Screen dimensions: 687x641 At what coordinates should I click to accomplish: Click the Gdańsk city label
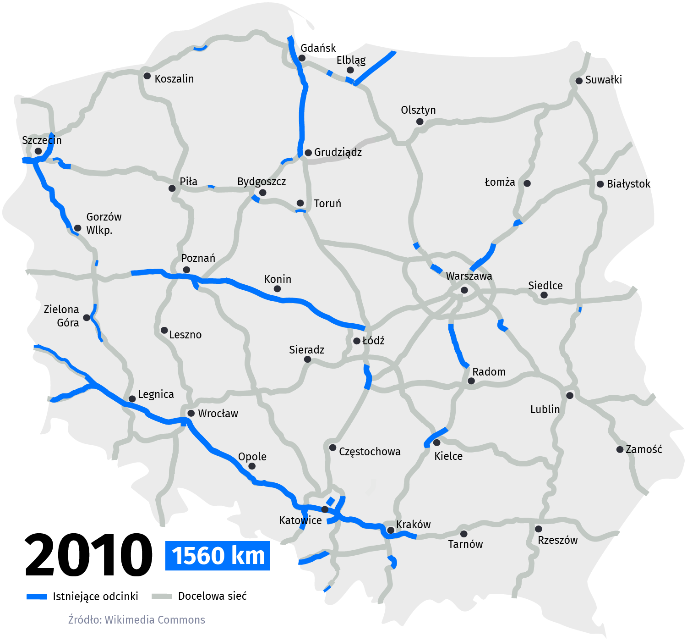coord(318,48)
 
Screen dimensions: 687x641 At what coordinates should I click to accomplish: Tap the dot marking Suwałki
coord(579,80)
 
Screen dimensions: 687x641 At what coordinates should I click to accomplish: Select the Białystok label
coord(628,184)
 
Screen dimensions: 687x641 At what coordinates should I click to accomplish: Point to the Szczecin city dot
coord(38,151)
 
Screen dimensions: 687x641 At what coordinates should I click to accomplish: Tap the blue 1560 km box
coord(218,556)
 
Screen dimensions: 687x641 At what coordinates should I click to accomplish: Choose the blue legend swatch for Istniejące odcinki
coord(37,597)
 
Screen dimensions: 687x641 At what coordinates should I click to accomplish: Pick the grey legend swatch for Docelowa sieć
coord(161,596)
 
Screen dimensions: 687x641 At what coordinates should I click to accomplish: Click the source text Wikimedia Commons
coord(154,619)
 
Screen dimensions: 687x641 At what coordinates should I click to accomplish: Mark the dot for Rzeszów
coord(539,529)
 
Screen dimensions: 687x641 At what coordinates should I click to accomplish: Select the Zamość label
coord(643,449)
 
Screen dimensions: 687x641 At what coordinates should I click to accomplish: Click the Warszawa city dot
coord(464,290)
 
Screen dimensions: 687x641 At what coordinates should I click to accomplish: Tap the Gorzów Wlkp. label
coord(104,223)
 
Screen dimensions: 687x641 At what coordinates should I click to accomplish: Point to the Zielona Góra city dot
coord(86,317)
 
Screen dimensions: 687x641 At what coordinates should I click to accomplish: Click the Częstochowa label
coord(370,452)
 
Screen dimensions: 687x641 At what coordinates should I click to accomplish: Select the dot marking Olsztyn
coord(420,122)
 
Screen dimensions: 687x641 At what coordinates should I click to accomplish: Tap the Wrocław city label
coord(218,414)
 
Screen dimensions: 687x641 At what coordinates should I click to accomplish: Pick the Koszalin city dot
coord(147,76)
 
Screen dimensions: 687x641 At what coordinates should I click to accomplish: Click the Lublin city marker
coord(569,395)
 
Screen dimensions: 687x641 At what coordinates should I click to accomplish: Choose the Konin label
coord(278,279)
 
